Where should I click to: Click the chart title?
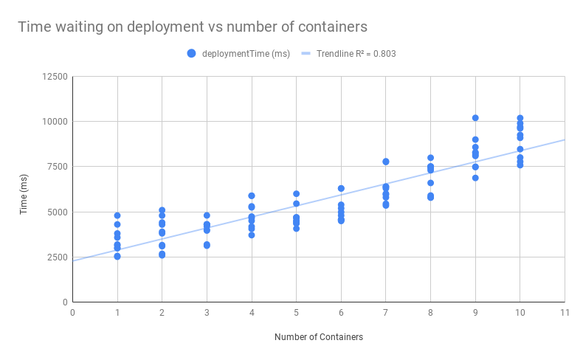pyautogui.click(x=193, y=27)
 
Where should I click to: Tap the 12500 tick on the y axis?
pyautogui.click(x=55, y=77)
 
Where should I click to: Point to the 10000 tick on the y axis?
pyautogui.click(x=55, y=122)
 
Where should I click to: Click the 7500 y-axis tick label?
pyautogui.click(x=58, y=167)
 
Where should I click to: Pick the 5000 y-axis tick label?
pyautogui.click(x=58, y=212)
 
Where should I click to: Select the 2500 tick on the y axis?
pyautogui.click(x=58, y=257)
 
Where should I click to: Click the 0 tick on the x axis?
pyautogui.click(x=72, y=313)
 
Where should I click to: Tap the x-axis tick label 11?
pyautogui.click(x=565, y=313)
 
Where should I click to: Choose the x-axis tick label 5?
pyautogui.click(x=296, y=313)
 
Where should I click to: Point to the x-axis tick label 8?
pyautogui.click(x=430, y=313)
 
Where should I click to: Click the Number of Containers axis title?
pyautogui.click(x=318, y=337)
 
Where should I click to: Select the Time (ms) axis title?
pyautogui.click(x=24, y=190)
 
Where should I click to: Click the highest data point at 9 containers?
pyautogui.click(x=475, y=118)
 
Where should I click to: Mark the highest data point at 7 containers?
pyautogui.click(x=386, y=162)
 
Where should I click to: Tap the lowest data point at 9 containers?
pyautogui.click(x=475, y=178)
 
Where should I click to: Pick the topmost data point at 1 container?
pyautogui.click(x=117, y=215)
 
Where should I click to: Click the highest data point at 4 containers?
pyautogui.click(x=252, y=195)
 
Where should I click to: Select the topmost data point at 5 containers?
pyautogui.click(x=296, y=194)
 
